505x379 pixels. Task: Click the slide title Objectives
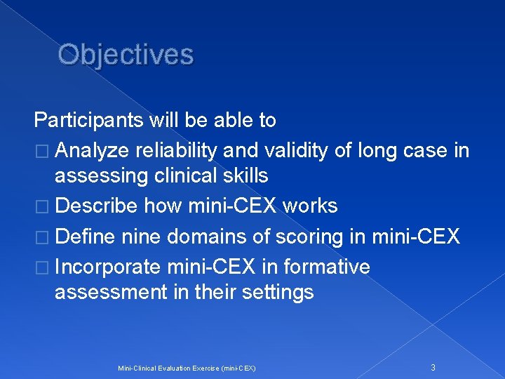tap(126, 55)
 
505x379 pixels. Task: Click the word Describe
tap(95, 206)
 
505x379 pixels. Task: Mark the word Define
tap(84, 237)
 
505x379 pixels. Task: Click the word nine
tap(142, 237)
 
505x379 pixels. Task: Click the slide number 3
tap(433, 367)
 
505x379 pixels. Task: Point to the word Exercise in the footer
tap(203, 368)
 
